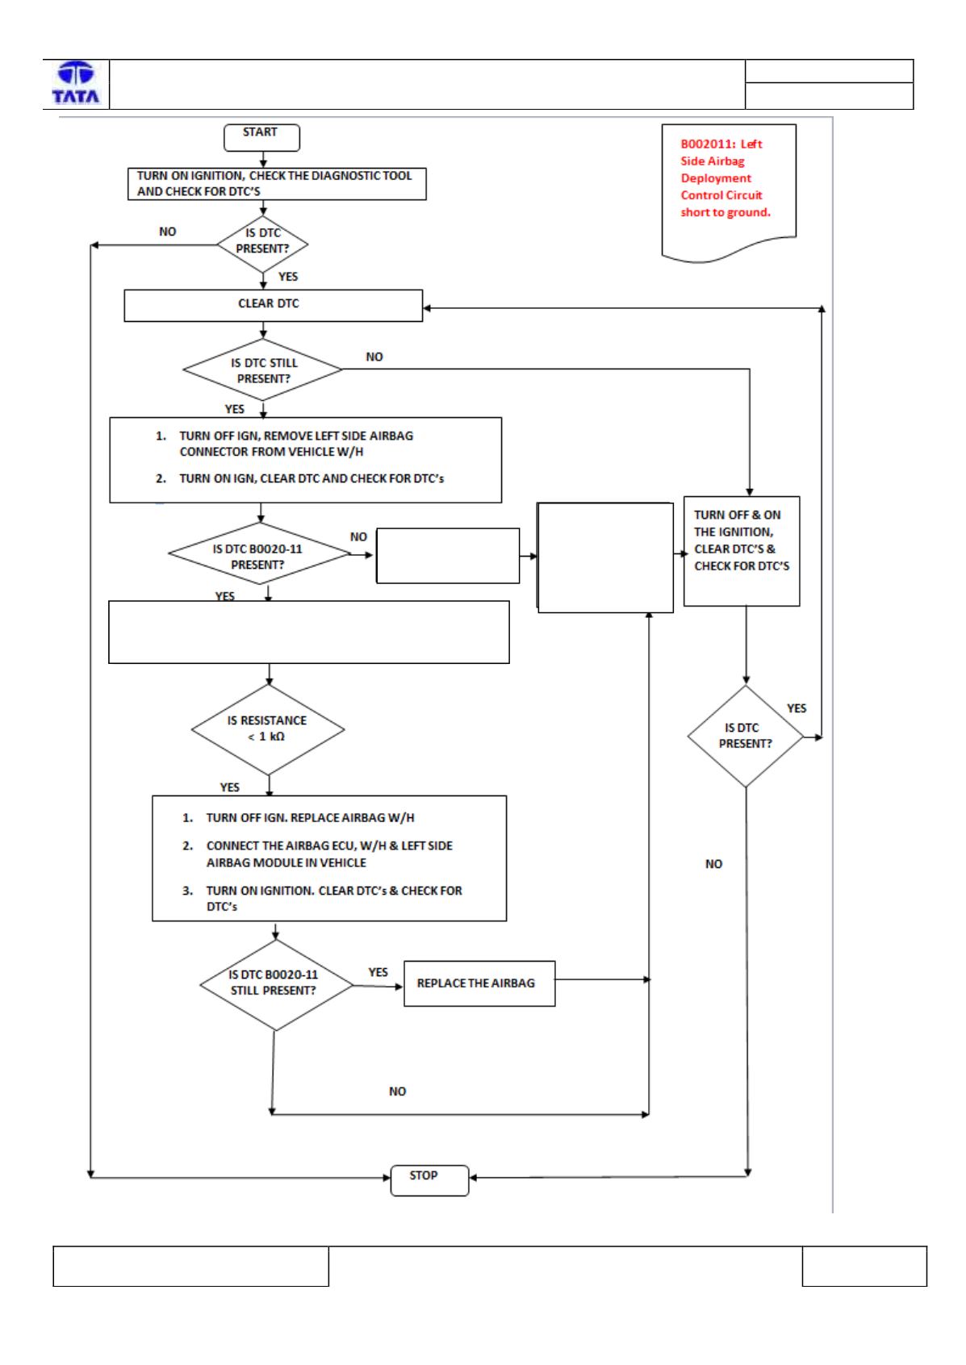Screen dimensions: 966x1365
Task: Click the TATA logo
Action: coord(76,82)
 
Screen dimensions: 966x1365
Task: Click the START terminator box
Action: coord(261,137)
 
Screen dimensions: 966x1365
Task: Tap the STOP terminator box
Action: coord(429,1180)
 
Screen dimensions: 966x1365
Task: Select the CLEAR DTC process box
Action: coord(273,305)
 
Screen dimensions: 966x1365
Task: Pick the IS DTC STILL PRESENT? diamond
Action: coord(262,370)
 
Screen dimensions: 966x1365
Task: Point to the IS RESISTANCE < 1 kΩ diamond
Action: coord(268,728)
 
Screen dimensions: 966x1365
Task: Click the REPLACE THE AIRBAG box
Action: coord(479,983)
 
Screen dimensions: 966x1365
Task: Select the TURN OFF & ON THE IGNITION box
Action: coord(741,551)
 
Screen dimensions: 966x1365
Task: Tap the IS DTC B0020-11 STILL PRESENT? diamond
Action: coord(276,985)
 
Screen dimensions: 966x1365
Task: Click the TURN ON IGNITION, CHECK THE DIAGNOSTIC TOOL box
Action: coord(277,183)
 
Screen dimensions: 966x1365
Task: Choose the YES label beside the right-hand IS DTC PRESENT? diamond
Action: coord(796,708)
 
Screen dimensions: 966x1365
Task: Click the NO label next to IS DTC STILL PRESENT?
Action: coord(374,357)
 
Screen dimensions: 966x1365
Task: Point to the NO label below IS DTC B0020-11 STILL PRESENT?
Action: coord(397,1091)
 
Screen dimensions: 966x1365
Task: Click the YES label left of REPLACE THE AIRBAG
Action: coord(378,972)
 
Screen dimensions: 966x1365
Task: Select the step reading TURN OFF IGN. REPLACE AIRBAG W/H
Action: coord(299,818)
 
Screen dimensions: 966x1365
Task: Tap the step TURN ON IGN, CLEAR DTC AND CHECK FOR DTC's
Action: coord(300,478)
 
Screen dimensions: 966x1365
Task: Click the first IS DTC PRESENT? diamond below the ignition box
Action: coord(262,244)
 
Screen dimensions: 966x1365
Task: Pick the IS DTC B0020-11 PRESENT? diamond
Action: coord(260,553)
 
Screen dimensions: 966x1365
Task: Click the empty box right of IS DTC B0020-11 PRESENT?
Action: coord(448,556)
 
